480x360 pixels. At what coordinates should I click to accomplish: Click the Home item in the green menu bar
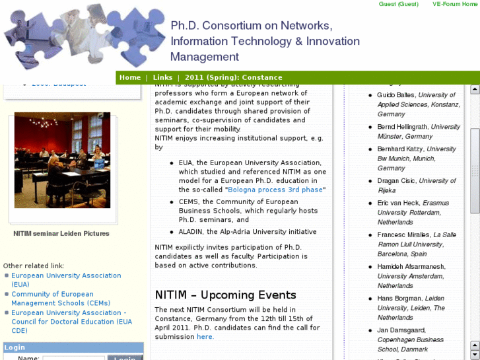point(130,77)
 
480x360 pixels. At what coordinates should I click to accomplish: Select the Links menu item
point(162,77)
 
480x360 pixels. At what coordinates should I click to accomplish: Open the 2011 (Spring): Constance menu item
point(233,77)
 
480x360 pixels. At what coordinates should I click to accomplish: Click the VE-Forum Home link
point(454,4)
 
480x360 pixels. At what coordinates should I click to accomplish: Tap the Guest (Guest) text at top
point(398,4)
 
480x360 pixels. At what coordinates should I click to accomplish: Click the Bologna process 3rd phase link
point(276,190)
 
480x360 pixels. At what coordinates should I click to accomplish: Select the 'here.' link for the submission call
point(205,336)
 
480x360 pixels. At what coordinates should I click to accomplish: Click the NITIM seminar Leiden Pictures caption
point(61,233)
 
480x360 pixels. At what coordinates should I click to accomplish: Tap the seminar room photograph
point(62,161)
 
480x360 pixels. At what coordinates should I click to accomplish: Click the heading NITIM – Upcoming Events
point(225,295)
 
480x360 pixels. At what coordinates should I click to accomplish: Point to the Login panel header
point(15,347)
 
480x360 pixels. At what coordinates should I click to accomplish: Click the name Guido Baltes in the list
point(396,95)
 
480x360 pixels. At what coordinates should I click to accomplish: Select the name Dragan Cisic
point(397,181)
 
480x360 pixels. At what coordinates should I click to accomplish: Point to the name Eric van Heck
point(398,203)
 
